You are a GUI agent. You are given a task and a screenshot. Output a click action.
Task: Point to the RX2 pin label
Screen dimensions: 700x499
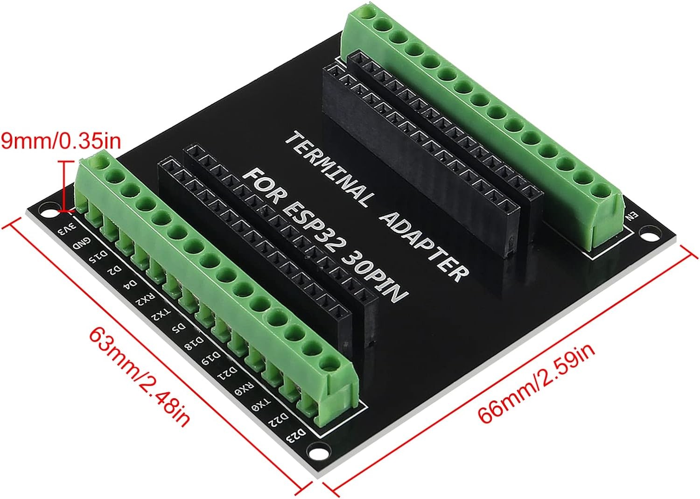click(143, 299)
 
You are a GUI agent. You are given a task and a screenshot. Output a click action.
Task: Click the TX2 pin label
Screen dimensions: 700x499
click(159, 314)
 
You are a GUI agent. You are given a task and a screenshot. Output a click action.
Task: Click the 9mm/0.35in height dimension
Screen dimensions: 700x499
click(60, 140)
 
